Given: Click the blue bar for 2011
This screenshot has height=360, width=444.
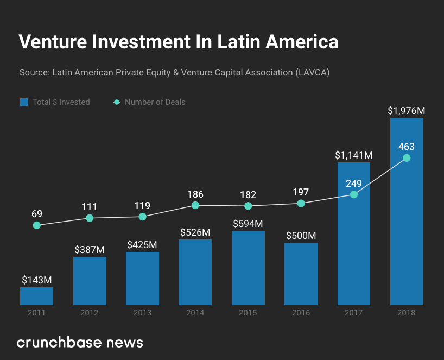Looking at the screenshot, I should [x=36, y=296].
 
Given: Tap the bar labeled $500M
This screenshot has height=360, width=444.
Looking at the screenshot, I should [x=301, y=274].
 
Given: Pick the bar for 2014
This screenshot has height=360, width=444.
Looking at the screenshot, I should [x=195, y=271].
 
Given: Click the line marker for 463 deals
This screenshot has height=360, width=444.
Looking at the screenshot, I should [x=407, y=158].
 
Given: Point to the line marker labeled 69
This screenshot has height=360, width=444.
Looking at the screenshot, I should [x=36, y=225].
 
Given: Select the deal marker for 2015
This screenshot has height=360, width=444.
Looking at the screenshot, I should [x=248, y=206].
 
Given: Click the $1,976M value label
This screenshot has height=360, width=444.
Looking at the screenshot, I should [x=406, y=111].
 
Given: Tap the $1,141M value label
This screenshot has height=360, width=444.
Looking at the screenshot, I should [x=353, y=155].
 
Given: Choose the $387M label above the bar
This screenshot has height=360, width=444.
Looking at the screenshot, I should [x=89, y=250].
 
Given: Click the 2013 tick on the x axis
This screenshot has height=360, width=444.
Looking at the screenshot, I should [x=142, y=313].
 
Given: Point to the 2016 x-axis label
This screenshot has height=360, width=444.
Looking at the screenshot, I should [x=301, y=313].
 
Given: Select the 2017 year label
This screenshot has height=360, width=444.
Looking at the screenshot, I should [x=353, y=313].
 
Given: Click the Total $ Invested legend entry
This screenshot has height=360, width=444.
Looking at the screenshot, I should [x=55, y=102].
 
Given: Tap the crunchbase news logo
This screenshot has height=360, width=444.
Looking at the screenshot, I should [x=80, y=342].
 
